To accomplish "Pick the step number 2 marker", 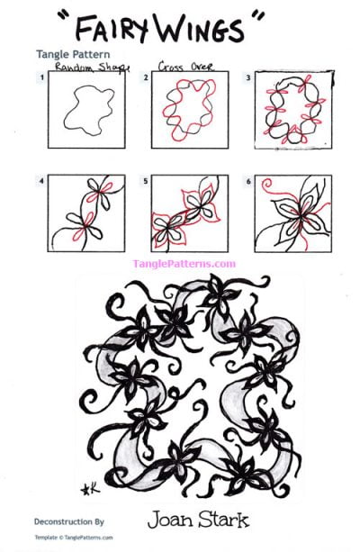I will click(145, 79).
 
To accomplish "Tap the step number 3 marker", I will click(248, 79).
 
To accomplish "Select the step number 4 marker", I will click(41, 180).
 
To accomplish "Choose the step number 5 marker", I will click(145, 180).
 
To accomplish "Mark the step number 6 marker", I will click(248, 180).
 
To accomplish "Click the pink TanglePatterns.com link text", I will click(184, 264).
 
